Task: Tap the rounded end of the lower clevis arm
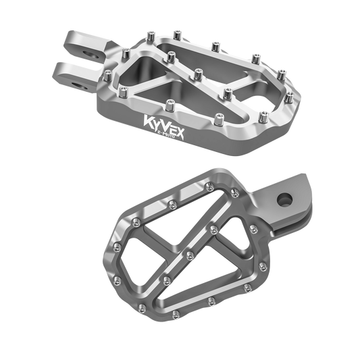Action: tap(59, 68)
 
